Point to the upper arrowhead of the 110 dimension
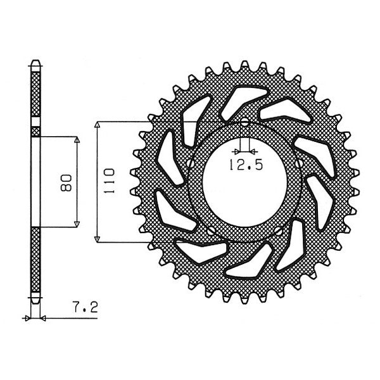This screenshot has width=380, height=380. point(97,125)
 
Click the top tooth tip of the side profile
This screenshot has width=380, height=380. point(35,63)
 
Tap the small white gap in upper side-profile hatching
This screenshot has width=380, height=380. point(35,131)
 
